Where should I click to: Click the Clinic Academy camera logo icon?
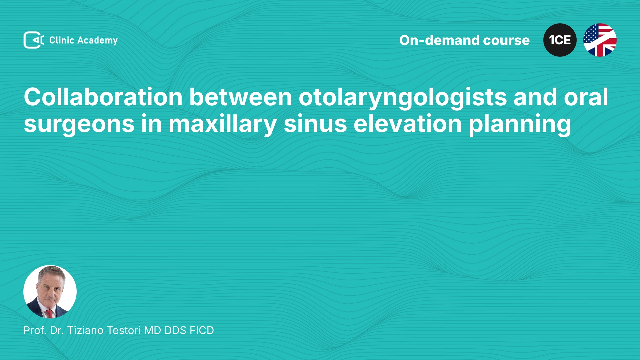click(34, 40)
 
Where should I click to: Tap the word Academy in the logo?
click(97, 41)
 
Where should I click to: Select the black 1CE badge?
click(560, 40)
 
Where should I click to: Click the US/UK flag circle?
click(600, 40)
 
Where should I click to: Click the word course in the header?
click(506, 41)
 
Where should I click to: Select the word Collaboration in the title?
click(103, 97)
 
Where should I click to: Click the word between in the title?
click(241, 97)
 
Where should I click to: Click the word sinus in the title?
click(315, 124)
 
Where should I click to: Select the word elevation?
click(408, 124)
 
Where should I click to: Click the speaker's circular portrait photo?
click(50, 292)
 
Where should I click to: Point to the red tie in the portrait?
click(49, 314)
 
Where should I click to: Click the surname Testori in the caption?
click(124, 330)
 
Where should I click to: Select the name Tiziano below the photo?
click(85, 330)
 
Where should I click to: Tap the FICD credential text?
click(202, 330)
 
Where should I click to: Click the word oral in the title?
click(586, 97)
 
